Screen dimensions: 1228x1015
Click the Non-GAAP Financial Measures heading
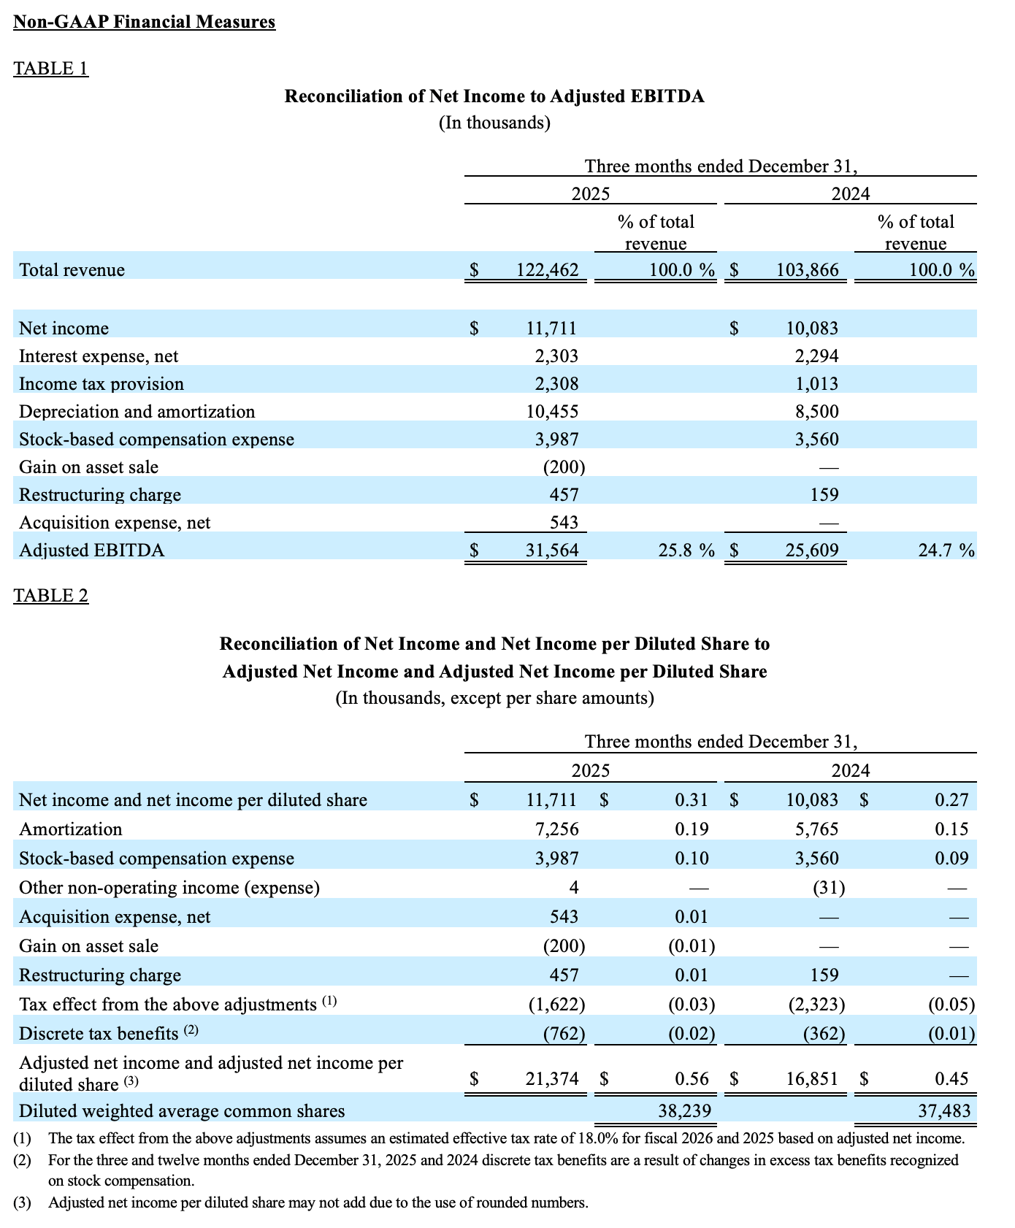point(145,22)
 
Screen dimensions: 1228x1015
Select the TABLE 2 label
point(51,596)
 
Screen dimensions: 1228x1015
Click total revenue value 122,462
point(547,270)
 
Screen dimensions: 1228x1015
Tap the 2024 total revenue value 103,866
point(807,270)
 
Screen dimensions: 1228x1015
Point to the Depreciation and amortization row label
point(137,412)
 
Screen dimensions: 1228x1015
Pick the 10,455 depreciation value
point(552,412)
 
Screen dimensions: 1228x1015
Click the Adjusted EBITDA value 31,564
point(552,550)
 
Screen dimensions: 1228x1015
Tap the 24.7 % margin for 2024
point(946,550)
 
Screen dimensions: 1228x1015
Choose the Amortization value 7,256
point(556,829)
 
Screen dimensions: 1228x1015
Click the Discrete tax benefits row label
point(99,1034)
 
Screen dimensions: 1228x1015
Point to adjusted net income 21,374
point(552,1079)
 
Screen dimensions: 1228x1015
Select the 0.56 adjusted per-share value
point(692,1079)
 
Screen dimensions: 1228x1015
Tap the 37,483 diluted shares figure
point(944,1111)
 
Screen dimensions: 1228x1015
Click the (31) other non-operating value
point(829,888)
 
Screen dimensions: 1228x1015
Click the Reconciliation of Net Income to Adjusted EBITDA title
point(494,96)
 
